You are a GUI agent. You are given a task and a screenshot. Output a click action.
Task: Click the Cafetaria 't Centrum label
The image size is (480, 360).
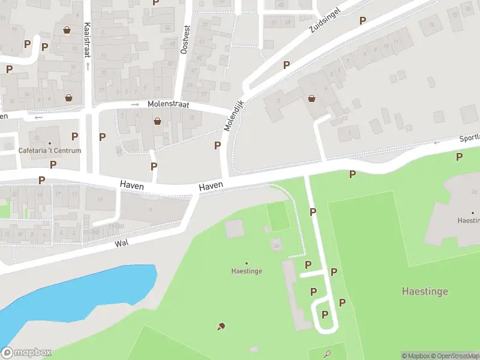tap(49, 151)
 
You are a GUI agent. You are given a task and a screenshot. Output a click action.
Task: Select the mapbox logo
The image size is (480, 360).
tap(26, 353)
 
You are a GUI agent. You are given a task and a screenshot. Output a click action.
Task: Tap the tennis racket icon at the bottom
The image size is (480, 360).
tap(328, 353)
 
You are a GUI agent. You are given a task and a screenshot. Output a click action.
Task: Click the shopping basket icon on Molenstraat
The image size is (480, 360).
tap(157, 121)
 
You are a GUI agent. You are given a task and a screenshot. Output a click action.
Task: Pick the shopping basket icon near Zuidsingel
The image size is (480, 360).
tap(311, 98)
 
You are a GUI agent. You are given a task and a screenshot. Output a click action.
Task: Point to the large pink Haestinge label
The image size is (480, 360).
tap(424, 292)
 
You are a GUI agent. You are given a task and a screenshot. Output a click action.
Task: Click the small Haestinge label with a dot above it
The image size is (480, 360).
tap(247, 271)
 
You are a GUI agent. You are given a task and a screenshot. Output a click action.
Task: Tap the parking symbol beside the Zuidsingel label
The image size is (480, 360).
tap(362, 20)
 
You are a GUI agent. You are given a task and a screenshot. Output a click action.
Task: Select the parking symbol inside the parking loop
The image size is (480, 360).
tap(325, 314)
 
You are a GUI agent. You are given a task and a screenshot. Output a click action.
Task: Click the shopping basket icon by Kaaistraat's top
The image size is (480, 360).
tap(67, 29)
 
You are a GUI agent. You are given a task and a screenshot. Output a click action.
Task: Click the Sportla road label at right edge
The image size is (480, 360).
tap(469, 138)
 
